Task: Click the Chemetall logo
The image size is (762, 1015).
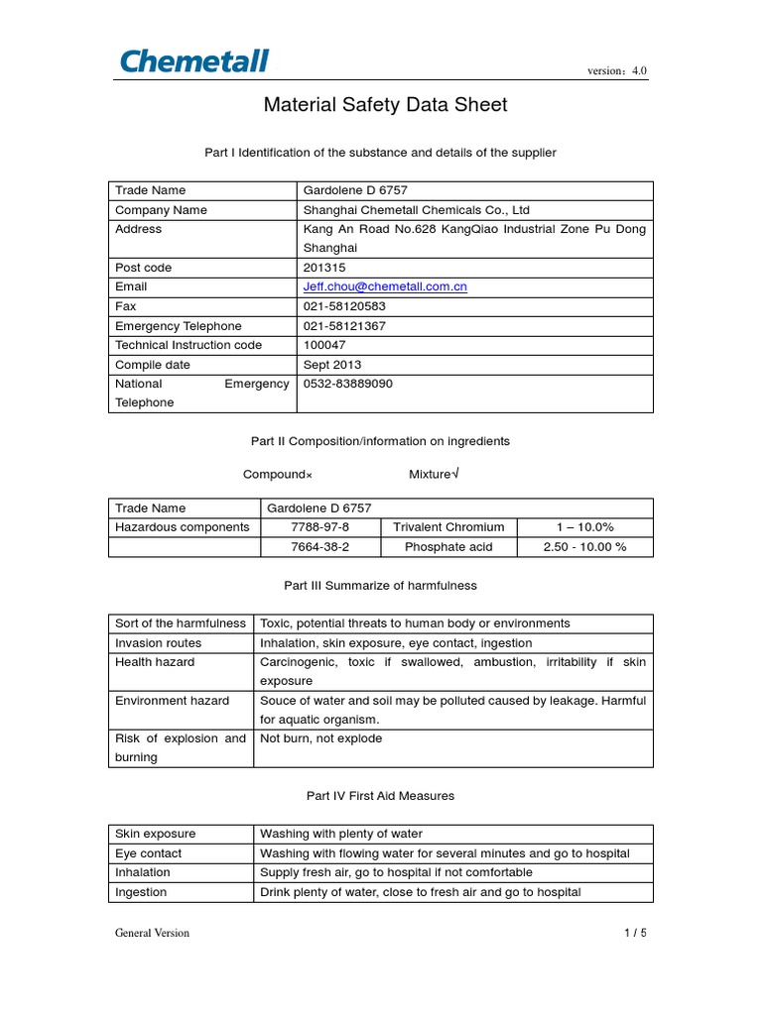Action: click(x=194, y=60)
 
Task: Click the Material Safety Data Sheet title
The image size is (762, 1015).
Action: click(x=385, y=105)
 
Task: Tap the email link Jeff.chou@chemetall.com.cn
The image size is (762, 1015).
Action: click(x=385, y=286)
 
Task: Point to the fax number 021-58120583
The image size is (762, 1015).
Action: click(x=344, y=306)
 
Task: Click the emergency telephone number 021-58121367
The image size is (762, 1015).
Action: click(x=344, y=326)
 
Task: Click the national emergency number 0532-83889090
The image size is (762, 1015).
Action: click(x=347, y=384)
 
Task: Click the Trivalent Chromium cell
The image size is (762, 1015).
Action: click(x=448, y=527)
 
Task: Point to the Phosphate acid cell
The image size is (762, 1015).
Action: click(x=448, y=547)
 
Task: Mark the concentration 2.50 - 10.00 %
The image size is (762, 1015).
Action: click(x=584, y=547)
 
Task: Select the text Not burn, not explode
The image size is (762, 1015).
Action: click(x=320, y=738)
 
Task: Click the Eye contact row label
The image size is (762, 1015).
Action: click(x=149, y=853)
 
